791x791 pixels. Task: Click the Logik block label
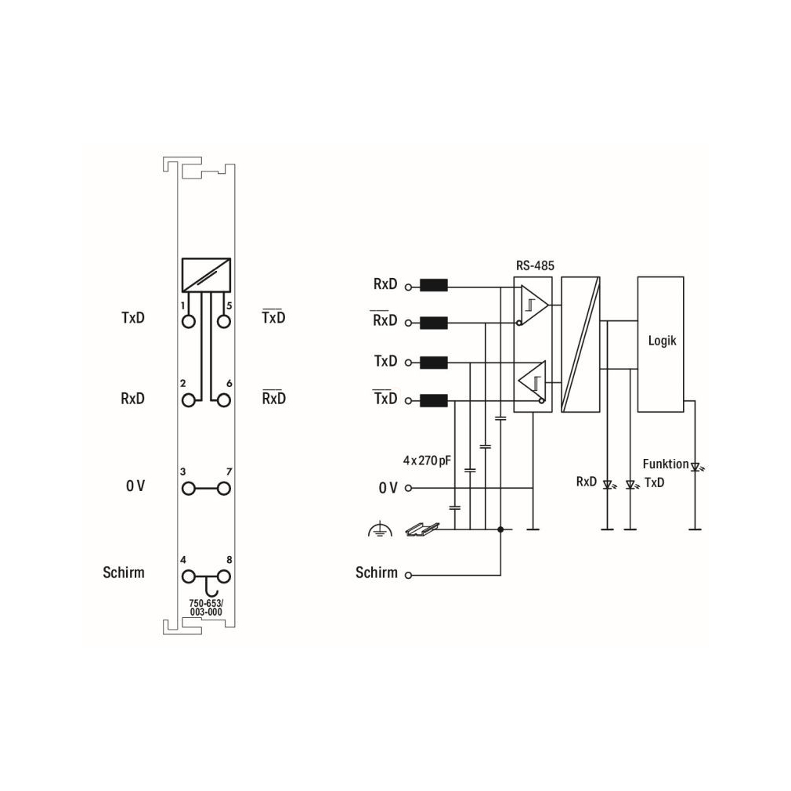click(662, 341)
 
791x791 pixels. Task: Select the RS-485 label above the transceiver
click(535, 265)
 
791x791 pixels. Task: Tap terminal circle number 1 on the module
click(189, 321)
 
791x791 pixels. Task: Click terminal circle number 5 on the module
click(224, 321)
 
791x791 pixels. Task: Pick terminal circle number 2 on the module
click(189, 400)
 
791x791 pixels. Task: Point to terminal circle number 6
click(224, 400)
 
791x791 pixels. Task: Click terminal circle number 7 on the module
click(224, 489)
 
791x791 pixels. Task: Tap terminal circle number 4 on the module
click(189, 576)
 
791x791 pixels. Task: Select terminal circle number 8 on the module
click(224, 576)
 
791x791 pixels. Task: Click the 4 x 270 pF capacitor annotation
click(427, 461)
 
